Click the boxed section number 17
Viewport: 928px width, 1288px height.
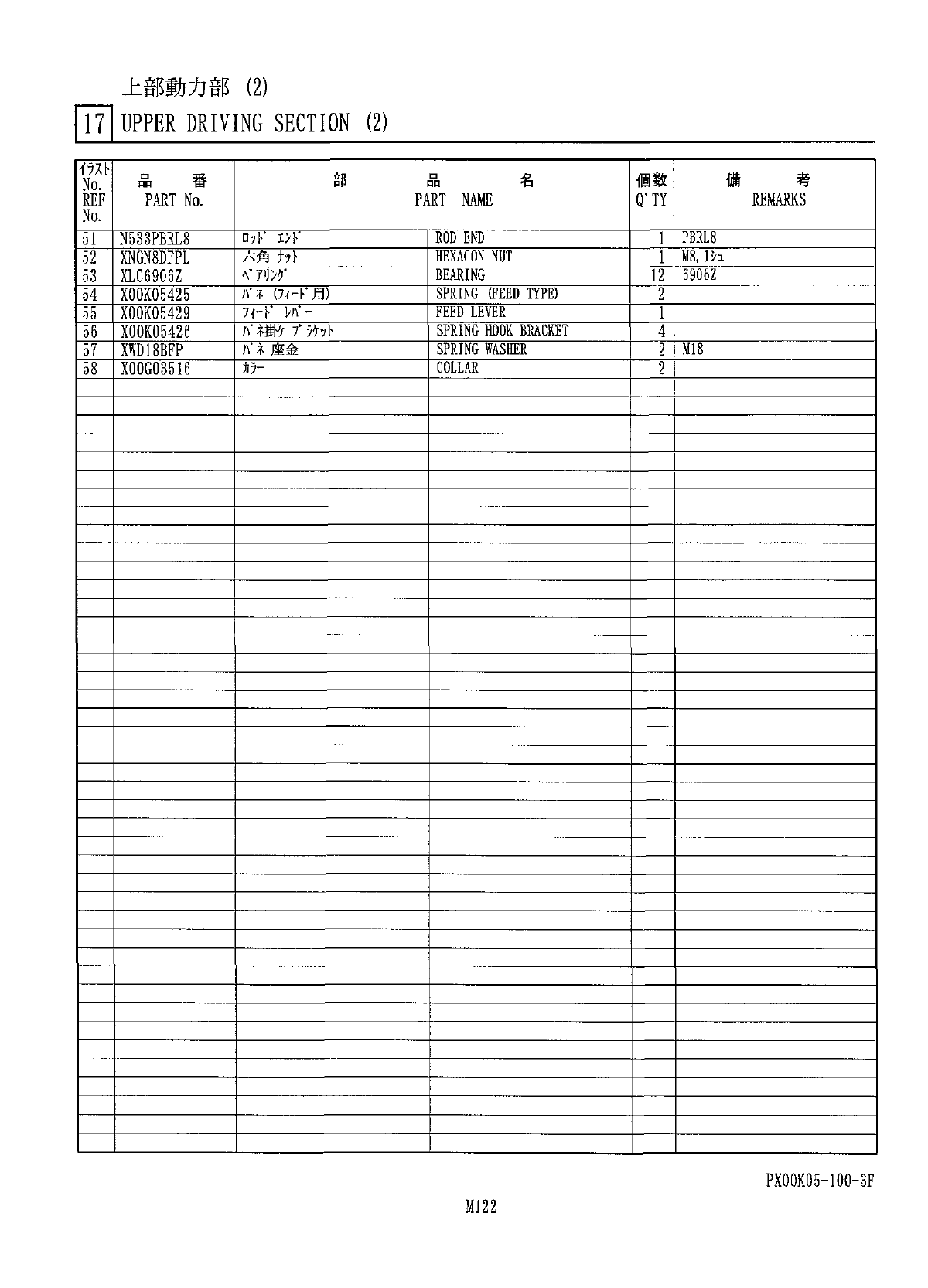tap(94, 124)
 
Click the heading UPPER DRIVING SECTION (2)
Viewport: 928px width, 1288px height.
tap(254, 123)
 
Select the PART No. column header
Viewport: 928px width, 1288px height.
tap(173, 200)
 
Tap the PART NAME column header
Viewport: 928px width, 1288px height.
tap(453, 200)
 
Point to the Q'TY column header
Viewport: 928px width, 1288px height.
tap(651, 200)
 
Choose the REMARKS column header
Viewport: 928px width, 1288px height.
tap(779, 199)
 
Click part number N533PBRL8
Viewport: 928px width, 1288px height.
tap(155, 239)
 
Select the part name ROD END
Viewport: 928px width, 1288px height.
tap(460, 238)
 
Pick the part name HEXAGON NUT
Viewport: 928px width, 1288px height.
tap(473, 257)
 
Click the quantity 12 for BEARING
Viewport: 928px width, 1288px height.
tap(657, 276)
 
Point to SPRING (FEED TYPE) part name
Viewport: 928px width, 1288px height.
tap(496, 294)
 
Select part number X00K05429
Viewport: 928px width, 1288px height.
tap(155, 313)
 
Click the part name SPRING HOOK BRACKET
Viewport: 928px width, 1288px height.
tap(502, 331)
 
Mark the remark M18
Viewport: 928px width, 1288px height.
tap(693, 349)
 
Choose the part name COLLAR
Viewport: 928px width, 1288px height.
tap(457, 368)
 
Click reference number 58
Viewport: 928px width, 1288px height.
tap(90, 369)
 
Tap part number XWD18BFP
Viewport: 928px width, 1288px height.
tap(152, 350)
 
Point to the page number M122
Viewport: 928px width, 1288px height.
tap(480, 1207)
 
